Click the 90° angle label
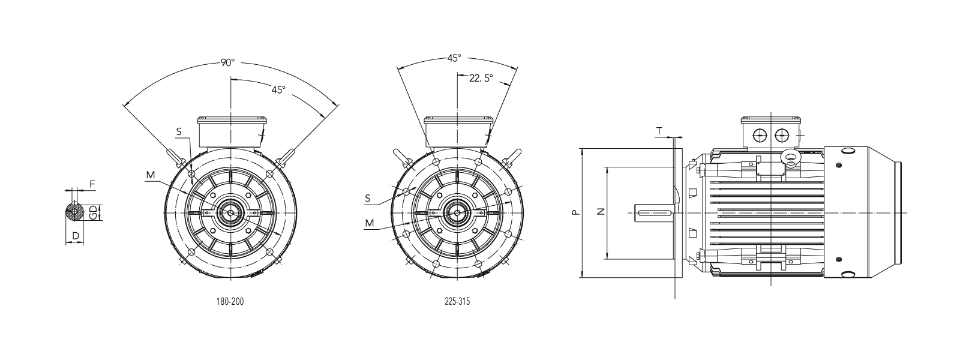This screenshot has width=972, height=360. (x=227, y=62)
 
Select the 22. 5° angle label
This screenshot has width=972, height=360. (x=481, y=79)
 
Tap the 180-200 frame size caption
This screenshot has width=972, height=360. (x=230, y=301)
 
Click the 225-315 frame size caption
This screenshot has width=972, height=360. (x=457, y=301)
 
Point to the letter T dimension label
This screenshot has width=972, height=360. (x=659, y=131)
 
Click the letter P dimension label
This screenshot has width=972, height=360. (x=575, y=212)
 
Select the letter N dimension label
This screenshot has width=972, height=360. (x=601, y=212)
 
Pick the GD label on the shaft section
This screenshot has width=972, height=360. (x=93, y=212)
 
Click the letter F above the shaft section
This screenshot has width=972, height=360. (x=92, y=184)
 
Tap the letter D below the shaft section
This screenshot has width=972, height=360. (x=76, y=236)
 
